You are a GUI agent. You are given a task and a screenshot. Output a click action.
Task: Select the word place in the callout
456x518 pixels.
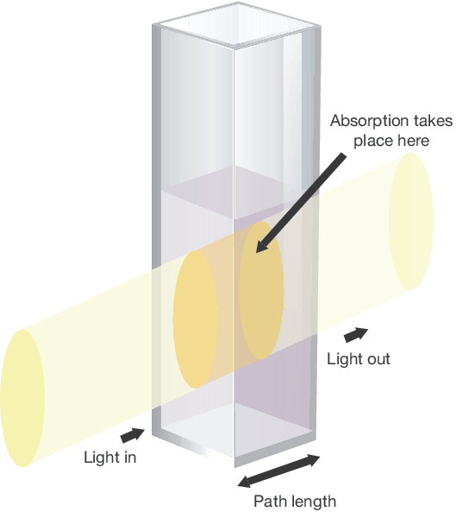[x=372, y=141]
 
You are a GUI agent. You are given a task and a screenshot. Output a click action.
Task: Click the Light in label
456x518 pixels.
[x=109, y=458]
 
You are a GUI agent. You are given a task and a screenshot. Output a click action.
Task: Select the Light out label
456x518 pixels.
[x=359, y=359]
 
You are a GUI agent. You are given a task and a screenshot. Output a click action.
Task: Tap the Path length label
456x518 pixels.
[x=295, y=501]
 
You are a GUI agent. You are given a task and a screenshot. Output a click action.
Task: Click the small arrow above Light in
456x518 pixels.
[x=132, y=435]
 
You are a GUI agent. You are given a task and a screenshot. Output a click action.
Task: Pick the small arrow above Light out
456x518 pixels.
[x=356, y=335]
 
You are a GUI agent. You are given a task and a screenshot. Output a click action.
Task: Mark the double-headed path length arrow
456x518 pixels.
[x=278, y=471]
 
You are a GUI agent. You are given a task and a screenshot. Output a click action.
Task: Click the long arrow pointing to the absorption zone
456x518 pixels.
[x=301, y=203]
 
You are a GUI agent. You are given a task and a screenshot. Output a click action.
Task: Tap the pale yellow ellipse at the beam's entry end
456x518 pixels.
[x=22, y=398]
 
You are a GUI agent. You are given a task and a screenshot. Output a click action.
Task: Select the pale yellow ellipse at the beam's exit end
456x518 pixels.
[x=411, y=221]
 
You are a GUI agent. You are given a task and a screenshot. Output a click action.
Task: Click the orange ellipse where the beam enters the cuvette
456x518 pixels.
[x=196, y=319]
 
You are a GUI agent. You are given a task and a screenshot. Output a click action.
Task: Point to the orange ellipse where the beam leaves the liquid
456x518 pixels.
[x=261, y=290]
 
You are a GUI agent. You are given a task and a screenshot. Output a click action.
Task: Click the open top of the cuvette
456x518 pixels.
[x=236, y=25]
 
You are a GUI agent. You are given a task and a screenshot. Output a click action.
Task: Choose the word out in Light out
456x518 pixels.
[x=376, y=359]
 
